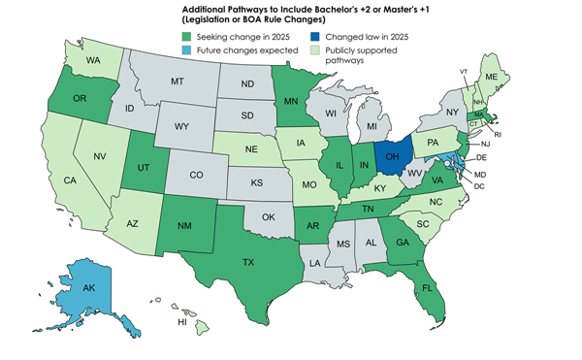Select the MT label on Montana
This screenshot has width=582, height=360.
click(178, 83)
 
